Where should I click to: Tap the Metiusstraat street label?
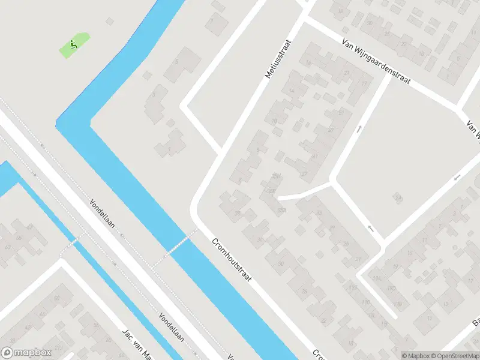[277, 59]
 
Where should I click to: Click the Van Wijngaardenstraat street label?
[376, 62]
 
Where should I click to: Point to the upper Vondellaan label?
[104, 215]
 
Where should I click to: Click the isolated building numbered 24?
[397, 197]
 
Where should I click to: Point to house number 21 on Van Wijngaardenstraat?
[347, 73]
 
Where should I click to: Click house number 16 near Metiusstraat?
[308, 63]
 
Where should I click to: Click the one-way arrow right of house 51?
[358, 129]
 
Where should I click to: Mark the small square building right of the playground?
[109, 22]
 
